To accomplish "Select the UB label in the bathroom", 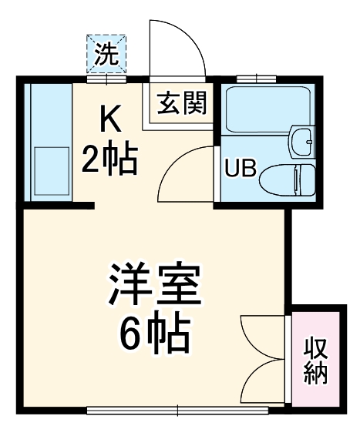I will [x=240, y=169].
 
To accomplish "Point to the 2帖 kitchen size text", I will [x=109, y=160].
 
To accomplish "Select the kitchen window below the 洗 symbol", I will [x=106, y=78].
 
